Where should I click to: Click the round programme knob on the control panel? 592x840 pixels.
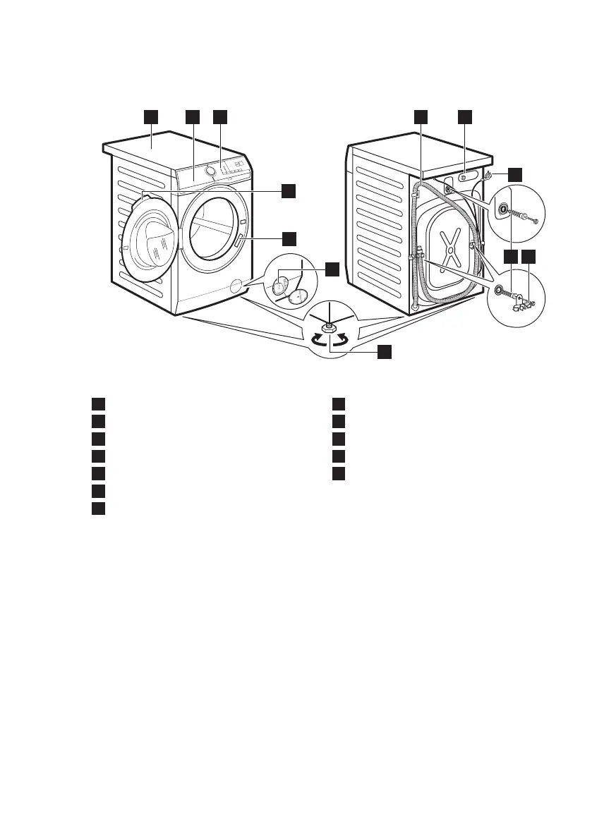210,171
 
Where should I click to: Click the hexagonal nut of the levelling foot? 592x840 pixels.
329,327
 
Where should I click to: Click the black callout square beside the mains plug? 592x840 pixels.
516,173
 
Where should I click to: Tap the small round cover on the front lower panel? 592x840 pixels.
235,285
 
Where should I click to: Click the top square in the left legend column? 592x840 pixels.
98,403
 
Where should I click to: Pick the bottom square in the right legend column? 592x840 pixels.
339,473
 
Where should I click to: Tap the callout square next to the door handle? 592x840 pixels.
289,238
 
